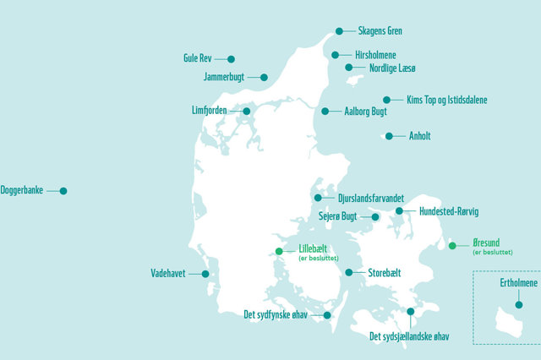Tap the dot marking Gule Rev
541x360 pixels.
tap(231, 59)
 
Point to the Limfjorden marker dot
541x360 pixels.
tap(247, 111)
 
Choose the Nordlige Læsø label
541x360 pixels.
tap(393, 68)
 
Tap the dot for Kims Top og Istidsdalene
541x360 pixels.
tap(387, 100)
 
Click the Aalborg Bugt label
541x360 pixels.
tap(367, 111)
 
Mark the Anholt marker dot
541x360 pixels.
tap(389, 136)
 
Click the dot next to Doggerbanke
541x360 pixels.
tap(63, 191)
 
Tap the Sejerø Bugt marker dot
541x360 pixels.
tap(375, 216)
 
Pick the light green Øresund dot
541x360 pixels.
tap(452, 246)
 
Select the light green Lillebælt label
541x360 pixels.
tap(318, 249)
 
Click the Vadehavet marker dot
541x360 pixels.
tap(205, 274)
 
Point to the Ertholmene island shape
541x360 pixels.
tap(510, 321)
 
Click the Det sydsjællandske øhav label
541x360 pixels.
tap(409, 337)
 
